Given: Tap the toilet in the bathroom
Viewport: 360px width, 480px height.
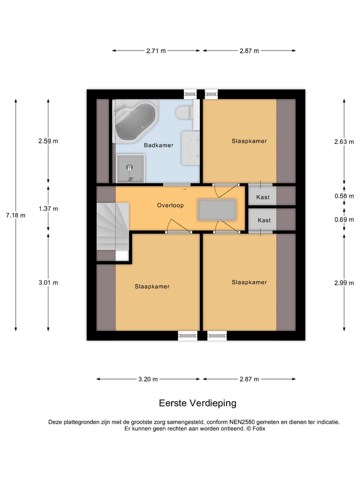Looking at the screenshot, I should pos(185,112).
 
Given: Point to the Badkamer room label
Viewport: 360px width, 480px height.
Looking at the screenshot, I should pos(158,145).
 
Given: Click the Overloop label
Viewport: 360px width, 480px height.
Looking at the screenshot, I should pos(170,205).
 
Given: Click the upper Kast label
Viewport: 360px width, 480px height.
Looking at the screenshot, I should pos(262,197).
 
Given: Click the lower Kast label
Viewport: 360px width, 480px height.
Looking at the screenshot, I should pos(264,220).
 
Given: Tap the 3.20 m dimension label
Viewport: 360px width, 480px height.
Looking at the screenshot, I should pos(148,379).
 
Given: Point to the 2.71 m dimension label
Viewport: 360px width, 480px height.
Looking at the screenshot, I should pos(156,50).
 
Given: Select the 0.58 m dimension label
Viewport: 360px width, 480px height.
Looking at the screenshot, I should pos(343,196).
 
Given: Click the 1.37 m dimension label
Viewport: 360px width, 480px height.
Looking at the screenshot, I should pos(48,208).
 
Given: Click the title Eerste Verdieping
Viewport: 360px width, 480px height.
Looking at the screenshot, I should pos(197,403).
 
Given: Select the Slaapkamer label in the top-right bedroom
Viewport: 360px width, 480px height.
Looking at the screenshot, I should pos(249,141).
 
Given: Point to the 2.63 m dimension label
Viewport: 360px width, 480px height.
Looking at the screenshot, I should pos(343,141).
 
